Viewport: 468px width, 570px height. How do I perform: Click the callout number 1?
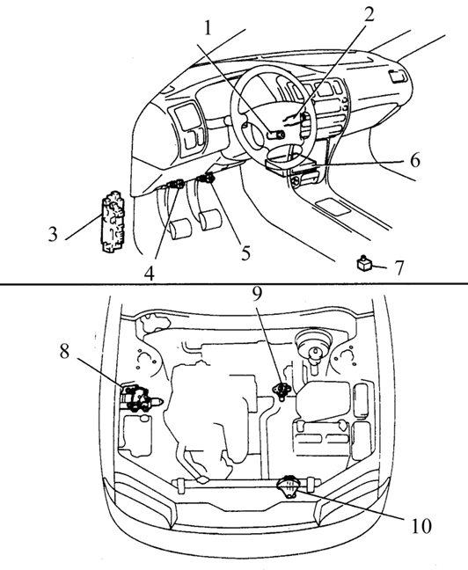point(208,27)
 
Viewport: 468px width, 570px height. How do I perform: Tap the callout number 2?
point(369,15)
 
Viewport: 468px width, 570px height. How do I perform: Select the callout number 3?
point(53,234)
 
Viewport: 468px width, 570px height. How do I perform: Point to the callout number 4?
point(149,274)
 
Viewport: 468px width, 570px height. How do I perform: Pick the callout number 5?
point(246,252)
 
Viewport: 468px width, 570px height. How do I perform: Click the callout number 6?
point(415,160)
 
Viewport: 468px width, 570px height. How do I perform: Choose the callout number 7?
point(399,268)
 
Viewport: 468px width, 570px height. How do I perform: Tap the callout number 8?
point(64,352)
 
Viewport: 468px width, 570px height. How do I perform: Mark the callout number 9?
point(257,294)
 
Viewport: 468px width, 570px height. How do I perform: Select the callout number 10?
point(421,526)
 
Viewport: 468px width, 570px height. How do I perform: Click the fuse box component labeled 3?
point(113,221)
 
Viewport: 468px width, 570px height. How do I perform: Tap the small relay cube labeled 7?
point(363,263)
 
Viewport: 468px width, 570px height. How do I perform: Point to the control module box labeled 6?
point(289,164)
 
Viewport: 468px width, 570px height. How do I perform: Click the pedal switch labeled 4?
point(176,184)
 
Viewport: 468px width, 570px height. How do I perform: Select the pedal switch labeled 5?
point(206,178)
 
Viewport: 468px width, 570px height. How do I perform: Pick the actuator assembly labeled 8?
point(140,398)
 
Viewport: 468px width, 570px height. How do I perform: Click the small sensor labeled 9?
point(281,391)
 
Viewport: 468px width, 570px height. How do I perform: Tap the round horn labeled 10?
point(289,487)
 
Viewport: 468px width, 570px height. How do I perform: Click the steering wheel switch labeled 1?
point(275,135)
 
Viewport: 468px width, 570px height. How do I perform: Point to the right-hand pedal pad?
point(210,220)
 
